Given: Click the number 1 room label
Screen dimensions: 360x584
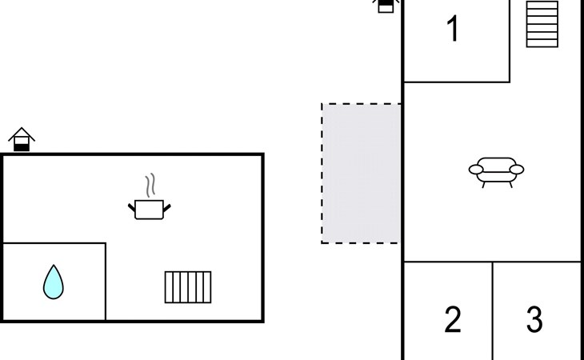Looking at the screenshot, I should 453,30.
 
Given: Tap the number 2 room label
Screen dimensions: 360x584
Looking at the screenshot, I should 453,320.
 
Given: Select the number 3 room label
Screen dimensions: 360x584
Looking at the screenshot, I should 534,320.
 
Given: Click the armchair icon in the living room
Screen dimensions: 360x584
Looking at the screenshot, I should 496,170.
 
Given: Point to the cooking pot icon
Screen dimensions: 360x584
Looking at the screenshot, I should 150,210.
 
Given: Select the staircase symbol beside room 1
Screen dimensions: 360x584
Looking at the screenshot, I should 542,23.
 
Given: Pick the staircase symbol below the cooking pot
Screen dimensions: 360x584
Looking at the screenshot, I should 188,287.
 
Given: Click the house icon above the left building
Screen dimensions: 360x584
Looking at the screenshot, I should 22,139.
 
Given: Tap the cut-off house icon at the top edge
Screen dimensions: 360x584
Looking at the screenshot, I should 386,6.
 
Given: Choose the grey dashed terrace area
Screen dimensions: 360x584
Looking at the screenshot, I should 362,173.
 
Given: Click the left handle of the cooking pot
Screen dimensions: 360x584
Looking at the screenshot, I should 132,208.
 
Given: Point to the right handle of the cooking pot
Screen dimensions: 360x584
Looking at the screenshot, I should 167,208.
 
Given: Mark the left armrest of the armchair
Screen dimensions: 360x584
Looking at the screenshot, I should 476,170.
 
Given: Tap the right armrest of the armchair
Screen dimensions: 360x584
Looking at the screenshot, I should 516,170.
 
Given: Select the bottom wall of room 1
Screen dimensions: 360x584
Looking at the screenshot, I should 456,82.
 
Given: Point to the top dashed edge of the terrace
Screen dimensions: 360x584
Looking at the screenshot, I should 362,104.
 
